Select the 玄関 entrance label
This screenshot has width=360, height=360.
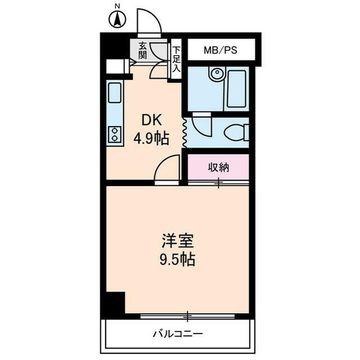[143, 50]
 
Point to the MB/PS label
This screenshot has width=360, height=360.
[220, 50]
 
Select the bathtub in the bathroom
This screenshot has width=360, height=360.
[236, 88]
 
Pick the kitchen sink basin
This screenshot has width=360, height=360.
[114, 93]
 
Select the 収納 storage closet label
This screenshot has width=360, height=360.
[218, 167]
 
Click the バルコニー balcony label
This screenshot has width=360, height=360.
[177, 333]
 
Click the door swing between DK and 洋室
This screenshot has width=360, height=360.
[167, 169]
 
